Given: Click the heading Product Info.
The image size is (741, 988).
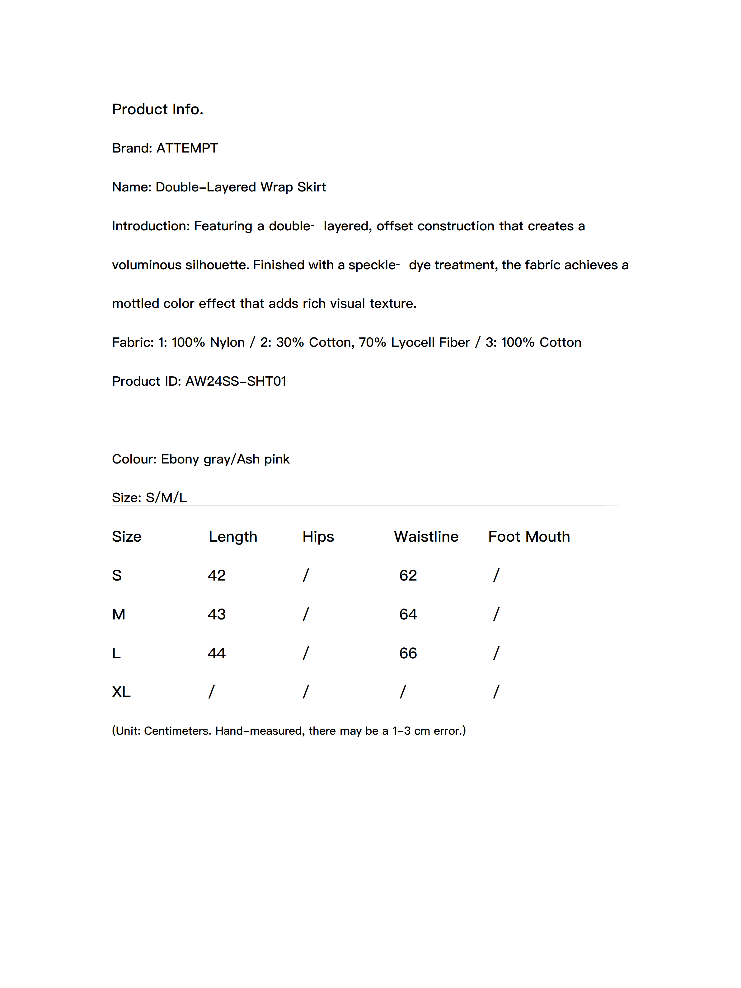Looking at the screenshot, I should [x=157, y=109].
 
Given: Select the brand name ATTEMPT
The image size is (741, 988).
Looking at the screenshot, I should [x=187, y=148].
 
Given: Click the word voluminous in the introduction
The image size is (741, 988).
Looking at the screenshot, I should [x=147, y=265].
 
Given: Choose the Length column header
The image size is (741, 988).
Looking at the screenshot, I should [x=233, y=536].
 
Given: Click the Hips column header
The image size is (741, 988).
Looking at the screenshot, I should [x=318, y=536].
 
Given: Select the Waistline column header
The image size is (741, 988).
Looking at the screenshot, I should [x=426, y=536].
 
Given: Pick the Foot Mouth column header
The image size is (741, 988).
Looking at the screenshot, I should [x=529, y=536].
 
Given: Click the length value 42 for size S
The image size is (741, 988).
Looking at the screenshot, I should [x=217, y=575].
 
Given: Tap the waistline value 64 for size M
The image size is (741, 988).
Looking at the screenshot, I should [x=408, y=614].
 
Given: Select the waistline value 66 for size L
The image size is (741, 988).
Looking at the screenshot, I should [x=408, y=653].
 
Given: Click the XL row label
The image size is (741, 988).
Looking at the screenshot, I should [x=121, y=692].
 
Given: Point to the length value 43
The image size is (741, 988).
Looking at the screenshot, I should [x=217, y=614].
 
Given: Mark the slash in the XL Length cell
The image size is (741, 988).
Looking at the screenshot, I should [x=211, y=692].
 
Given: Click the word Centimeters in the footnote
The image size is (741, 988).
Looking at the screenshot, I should [x=177, y=731].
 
